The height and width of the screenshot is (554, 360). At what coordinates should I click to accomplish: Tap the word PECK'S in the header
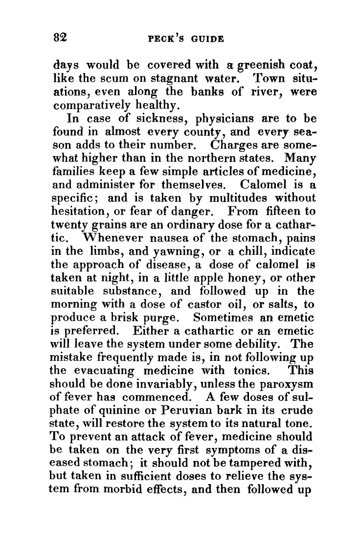[165, 38]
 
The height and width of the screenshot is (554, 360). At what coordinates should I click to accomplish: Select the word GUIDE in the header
[207, 38]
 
